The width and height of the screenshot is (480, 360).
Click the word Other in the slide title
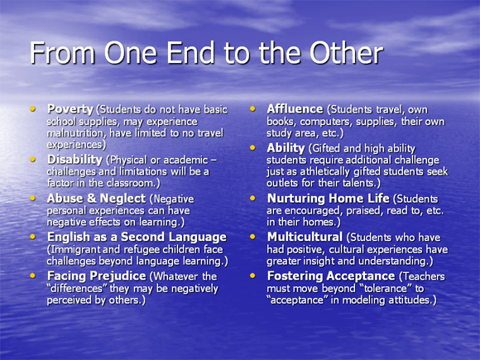tap(346, 52)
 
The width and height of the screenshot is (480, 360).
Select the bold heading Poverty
tap(70, 109)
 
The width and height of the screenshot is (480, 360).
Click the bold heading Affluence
tap(295, 109)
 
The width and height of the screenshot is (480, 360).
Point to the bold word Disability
tap(74, 160)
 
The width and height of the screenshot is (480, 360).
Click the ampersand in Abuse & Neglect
tap(92, 199)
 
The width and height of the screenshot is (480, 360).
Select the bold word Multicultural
tap(305, 237)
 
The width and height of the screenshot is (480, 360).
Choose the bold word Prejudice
tap(122, 276)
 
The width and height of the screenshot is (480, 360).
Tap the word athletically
tap(324, 171)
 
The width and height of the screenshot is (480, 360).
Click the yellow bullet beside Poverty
tap(32, 108)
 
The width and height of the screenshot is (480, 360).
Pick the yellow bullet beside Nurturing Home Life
tap(252, 198)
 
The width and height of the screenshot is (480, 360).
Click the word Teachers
tap(424, 276)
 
